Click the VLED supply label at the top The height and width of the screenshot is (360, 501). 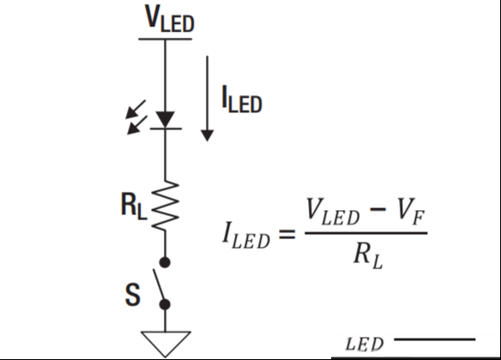169,18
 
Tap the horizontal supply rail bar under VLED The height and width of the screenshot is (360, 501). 166,39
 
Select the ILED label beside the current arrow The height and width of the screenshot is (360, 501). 242,99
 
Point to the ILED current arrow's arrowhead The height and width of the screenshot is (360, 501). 208,135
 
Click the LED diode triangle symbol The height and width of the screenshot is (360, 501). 166,120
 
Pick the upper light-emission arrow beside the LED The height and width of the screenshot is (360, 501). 136,110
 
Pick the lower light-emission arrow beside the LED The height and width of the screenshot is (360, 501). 137,125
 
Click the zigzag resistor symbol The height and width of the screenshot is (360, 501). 166,205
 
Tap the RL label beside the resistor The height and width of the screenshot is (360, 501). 134,207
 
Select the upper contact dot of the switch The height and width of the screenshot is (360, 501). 165,262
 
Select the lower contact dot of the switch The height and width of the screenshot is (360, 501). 165,304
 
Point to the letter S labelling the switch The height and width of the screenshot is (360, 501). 133,295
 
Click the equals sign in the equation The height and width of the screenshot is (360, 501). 287,234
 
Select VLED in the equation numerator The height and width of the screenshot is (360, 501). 333,212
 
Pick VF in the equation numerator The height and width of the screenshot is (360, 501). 411,211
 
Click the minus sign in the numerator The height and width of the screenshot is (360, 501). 377,210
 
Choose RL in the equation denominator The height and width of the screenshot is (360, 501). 368,257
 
